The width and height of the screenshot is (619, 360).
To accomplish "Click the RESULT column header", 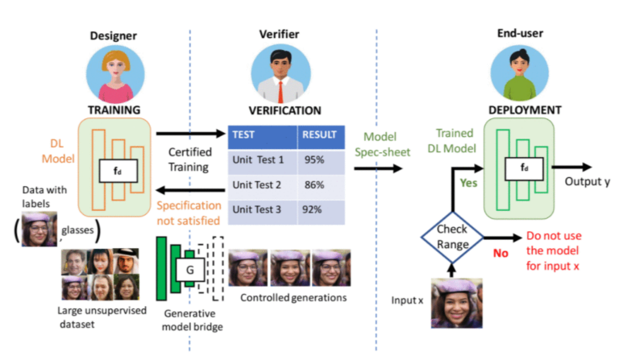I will [x=318, y=135].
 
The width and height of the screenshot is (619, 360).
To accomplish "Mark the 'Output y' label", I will [x=587, y=182].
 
